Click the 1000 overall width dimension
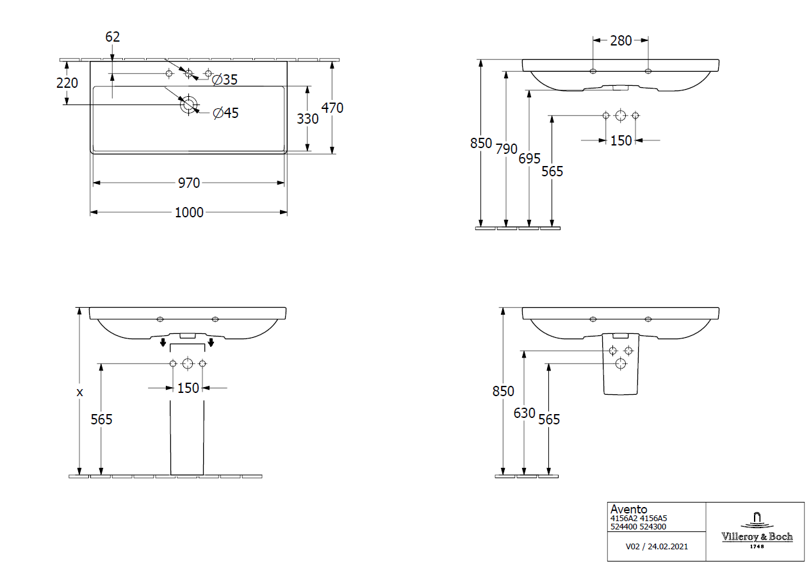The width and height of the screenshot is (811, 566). coord(188,212)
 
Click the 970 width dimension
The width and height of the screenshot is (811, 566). coord(188,183)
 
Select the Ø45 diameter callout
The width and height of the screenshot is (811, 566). coord(225,113)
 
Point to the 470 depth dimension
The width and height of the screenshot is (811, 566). coord(332,108)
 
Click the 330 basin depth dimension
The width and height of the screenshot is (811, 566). coord(307,119)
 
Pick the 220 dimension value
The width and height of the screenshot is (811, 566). coord(67,83)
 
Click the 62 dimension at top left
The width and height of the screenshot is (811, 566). coord(112,37)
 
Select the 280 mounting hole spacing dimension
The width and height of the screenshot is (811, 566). coord(620,41)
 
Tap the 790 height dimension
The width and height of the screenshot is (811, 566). coord(506,149)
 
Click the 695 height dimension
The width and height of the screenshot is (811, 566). coord(529,158)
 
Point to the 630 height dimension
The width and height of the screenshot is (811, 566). coord(524,413)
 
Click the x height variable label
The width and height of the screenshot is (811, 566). coord(79,392)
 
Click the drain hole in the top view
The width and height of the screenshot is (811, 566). coord(189,105)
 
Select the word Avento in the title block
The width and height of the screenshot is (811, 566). coord(628,510)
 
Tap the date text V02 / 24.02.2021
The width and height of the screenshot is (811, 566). coord(657,547)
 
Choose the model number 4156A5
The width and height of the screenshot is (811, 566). coord(653,519)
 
